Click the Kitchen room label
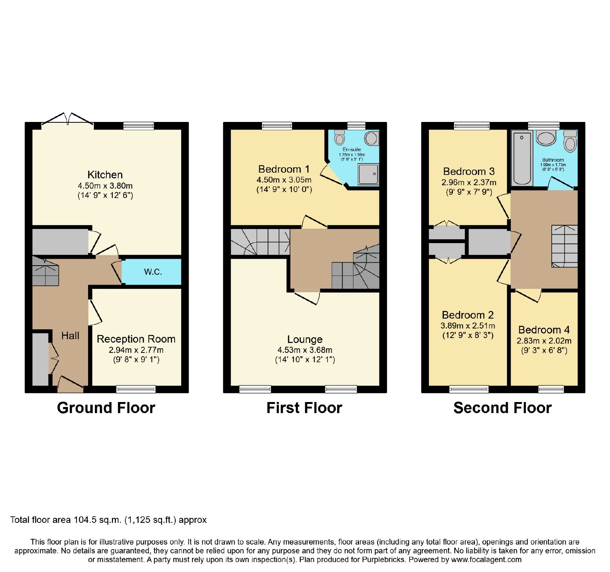[x=105, y=175]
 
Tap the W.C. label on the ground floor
[x=153, y=272]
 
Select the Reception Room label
[x=136, y=339]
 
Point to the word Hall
[x=70, y=336]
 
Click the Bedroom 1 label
[x=284, y=169]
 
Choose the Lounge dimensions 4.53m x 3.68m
[x=305, y=350]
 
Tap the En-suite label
[x=352, y=149]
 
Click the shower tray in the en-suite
[x=368, y=174]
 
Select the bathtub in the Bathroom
[x=522, y=158]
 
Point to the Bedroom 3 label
[x=469, y=171]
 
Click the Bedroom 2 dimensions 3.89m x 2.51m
[x=468, y=326]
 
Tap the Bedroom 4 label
[x=544, y=330]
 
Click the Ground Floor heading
[x=106, y=408]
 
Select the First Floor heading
[x=304, y=408]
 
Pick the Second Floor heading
[x=502, y=408]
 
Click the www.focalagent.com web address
[x=486, y=560]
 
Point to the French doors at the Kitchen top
[x=67, y=119]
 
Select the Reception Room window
[x=136, y=389]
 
